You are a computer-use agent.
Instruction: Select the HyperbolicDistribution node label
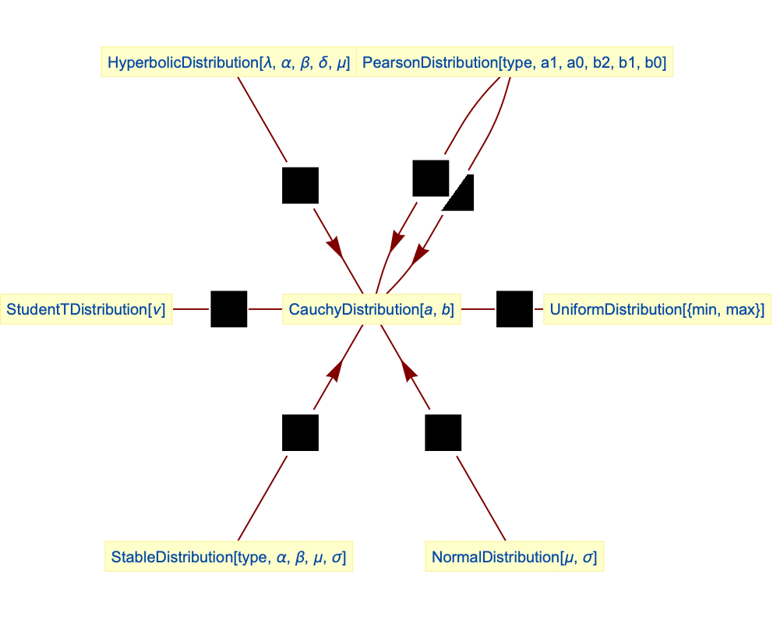coord(228,62)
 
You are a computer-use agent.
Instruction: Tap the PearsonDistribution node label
coord(514,62)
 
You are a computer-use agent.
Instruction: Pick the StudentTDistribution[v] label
coord(86,309)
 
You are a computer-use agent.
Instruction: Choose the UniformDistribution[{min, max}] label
coord(656,309)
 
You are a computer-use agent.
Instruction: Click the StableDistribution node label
coord(228,557)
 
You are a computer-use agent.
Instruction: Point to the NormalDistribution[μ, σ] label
coord(515,557)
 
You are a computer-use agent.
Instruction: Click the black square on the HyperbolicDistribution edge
coord(300,185)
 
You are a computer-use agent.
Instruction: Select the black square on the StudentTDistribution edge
coord(229,309)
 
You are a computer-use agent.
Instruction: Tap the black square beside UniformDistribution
coord(514,309)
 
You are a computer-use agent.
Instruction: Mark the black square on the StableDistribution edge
coord(300,432)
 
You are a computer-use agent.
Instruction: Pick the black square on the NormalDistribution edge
coord(443,432)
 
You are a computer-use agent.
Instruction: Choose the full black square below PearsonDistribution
coord(430,178)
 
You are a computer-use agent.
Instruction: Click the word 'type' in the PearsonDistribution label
coord(517,62)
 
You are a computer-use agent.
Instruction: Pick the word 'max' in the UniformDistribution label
coord(741,309)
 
